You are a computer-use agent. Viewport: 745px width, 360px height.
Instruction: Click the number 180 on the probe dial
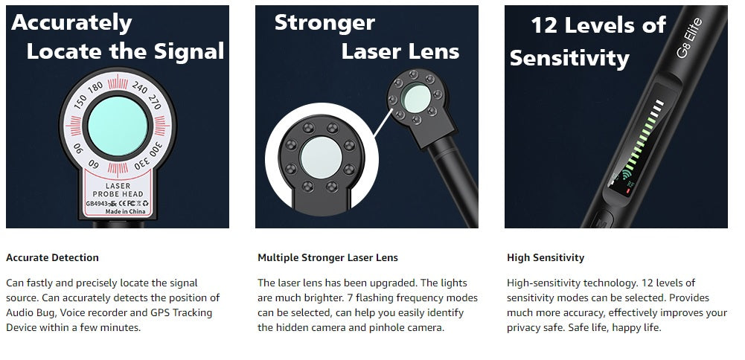click(95, 86)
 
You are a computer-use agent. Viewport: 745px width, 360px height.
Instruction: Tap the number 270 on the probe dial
click(154, 102)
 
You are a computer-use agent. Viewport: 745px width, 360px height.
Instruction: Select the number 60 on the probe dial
click(93, 164)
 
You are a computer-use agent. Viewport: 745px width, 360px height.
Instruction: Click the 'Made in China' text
click(126, 211)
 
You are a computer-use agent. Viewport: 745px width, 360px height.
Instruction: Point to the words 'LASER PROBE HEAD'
click(118, 190)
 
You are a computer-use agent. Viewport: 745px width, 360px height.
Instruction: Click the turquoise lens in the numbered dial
click(118, 126)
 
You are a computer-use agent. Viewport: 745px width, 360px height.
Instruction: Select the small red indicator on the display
click(628, 191)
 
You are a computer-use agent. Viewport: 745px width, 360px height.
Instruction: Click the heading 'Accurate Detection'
click(52, 258)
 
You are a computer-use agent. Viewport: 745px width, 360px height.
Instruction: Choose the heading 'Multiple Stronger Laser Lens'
click(327, 258)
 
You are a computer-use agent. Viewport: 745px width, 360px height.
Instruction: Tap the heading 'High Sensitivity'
click(546, 258)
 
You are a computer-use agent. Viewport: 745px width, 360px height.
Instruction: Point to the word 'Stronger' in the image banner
click(324, 23)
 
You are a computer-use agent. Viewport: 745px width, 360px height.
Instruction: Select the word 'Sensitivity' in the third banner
click(569, 59)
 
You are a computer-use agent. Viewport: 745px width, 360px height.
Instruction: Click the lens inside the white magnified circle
click(322, 158)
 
